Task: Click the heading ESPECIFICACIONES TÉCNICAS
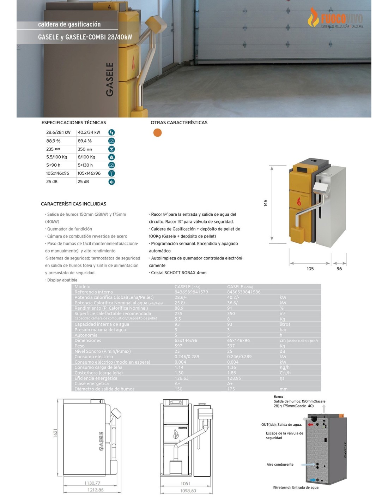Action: coord(74,122)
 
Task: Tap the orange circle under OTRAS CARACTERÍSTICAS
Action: coord(157,132)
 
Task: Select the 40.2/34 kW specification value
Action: coord(89,132)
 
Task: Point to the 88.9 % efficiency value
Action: coord(53,141)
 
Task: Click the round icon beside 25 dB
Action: coord(111,182)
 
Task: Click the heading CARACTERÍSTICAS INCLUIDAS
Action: coord(73,204)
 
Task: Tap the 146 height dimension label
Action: coord(266,203)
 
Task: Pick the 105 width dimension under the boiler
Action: coord(310,269)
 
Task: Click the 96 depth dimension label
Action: coord(339,269)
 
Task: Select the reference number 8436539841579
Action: coord(191,292)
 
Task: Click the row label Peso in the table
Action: coord(79,346)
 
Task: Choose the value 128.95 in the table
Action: coord(234,378)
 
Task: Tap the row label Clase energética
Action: coord(92,383)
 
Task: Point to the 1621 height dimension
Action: coord(55,433)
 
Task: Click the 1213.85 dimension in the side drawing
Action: coord(96,490)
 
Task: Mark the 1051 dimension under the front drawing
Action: coord(185,483)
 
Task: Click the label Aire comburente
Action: coord(280,465)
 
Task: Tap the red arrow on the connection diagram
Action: coord(310,424)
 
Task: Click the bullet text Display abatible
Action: coord(62,280)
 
